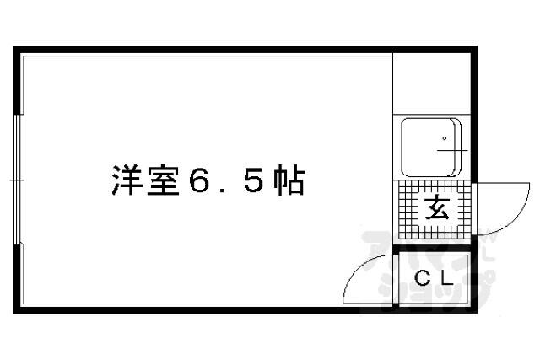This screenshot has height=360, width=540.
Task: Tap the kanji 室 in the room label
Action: [x=163, y=180]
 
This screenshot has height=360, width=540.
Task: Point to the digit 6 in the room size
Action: [x=200, y=180]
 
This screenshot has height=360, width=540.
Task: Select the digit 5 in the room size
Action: [x=255, y=180]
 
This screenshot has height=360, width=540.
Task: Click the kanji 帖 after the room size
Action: [x=289, y=180]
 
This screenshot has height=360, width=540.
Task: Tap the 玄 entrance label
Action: [x=437, y=209]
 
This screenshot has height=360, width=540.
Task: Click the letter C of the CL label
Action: [x=423, y=278]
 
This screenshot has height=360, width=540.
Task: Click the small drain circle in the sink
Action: [x=445, y=139]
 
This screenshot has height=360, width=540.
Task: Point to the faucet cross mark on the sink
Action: [x=453, y=150]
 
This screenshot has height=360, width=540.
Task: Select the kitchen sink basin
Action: [x=431, y=148]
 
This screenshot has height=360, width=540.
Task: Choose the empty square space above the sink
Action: [x=432, y=83]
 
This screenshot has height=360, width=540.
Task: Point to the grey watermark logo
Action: [x=429, y=271]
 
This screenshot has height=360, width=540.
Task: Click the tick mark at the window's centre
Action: [x=17, y=180]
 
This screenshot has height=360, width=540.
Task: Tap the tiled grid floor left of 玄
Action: [x=410, y=210]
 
